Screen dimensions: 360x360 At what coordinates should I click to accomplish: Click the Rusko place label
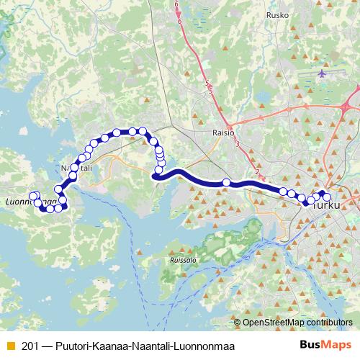pos(276,14)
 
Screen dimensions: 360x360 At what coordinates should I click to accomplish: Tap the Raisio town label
pos(223,132)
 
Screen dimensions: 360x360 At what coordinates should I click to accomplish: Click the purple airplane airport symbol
pos(322,73)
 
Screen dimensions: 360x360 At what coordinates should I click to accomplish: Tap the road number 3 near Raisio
pos(237,145)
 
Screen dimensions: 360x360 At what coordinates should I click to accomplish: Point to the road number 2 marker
pos(257,171)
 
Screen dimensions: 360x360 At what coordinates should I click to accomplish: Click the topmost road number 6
pos(176,5)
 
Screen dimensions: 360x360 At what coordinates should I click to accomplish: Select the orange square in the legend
pos(10,345)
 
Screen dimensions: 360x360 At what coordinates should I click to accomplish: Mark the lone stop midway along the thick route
pos(227,183)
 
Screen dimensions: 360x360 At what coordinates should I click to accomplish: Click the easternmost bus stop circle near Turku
pos(327,197)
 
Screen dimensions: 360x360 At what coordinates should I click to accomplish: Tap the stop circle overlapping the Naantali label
pos(74,168)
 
